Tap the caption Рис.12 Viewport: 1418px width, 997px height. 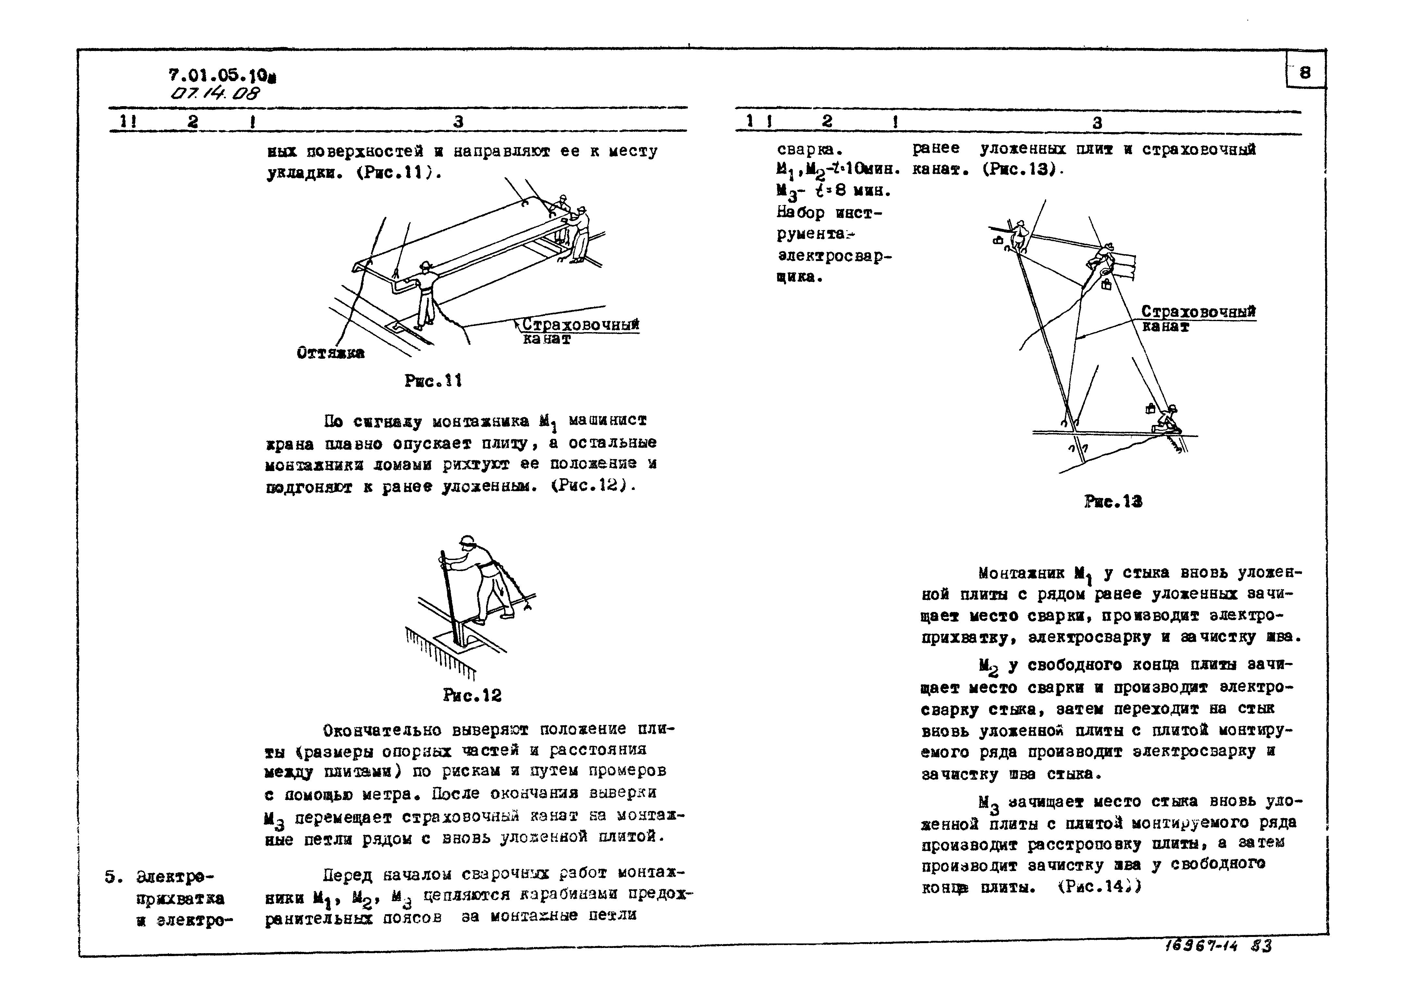click(x=472, y=695)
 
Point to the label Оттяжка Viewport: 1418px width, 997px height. click(x=330, y=353)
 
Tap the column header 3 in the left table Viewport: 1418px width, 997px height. click(x=458, y=122)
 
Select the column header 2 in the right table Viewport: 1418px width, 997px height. click(x=827, y=122)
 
